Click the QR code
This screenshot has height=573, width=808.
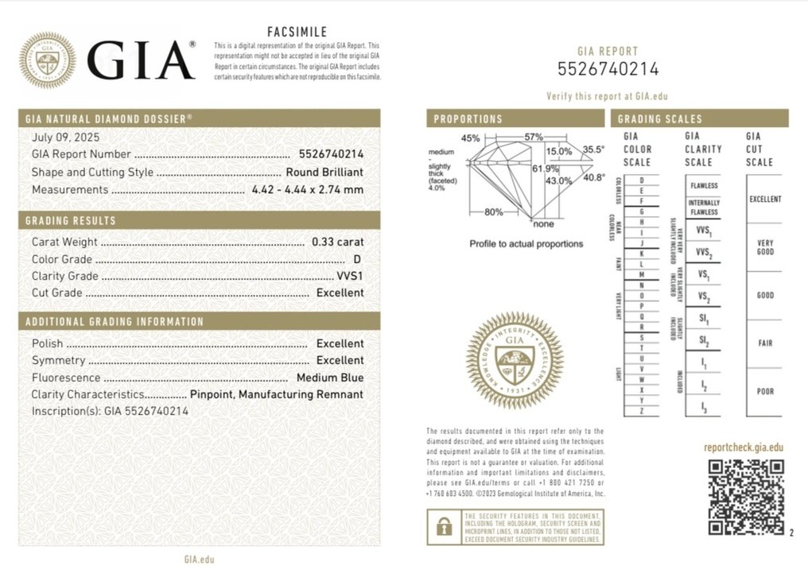click(x=745, y=496)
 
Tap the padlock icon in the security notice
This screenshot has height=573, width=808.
click(x=442, y=526)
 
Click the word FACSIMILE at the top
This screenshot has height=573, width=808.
click(x=296, y=32)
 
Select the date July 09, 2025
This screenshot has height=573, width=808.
click(x=62, y=137)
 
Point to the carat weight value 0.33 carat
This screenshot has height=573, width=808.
click(x=338, y=242)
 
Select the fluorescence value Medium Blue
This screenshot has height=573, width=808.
click(x=330, y=378)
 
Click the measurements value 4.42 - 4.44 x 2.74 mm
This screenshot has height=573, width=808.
click(x=307, y=190)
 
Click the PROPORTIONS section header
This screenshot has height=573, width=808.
click(x=468, y=119)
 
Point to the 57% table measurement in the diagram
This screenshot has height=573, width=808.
click(x=533, y=137)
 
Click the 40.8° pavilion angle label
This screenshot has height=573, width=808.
click(x=594, y=179)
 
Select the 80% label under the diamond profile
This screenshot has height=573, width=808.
click(x=494, y=212)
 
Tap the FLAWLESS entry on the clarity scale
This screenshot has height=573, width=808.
click(x=704, y=186)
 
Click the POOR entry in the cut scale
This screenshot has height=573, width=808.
click(x=765, y=392)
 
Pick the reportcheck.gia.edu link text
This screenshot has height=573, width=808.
click(x=744, y=447)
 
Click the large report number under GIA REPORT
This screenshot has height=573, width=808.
click(x=608, y=70)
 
